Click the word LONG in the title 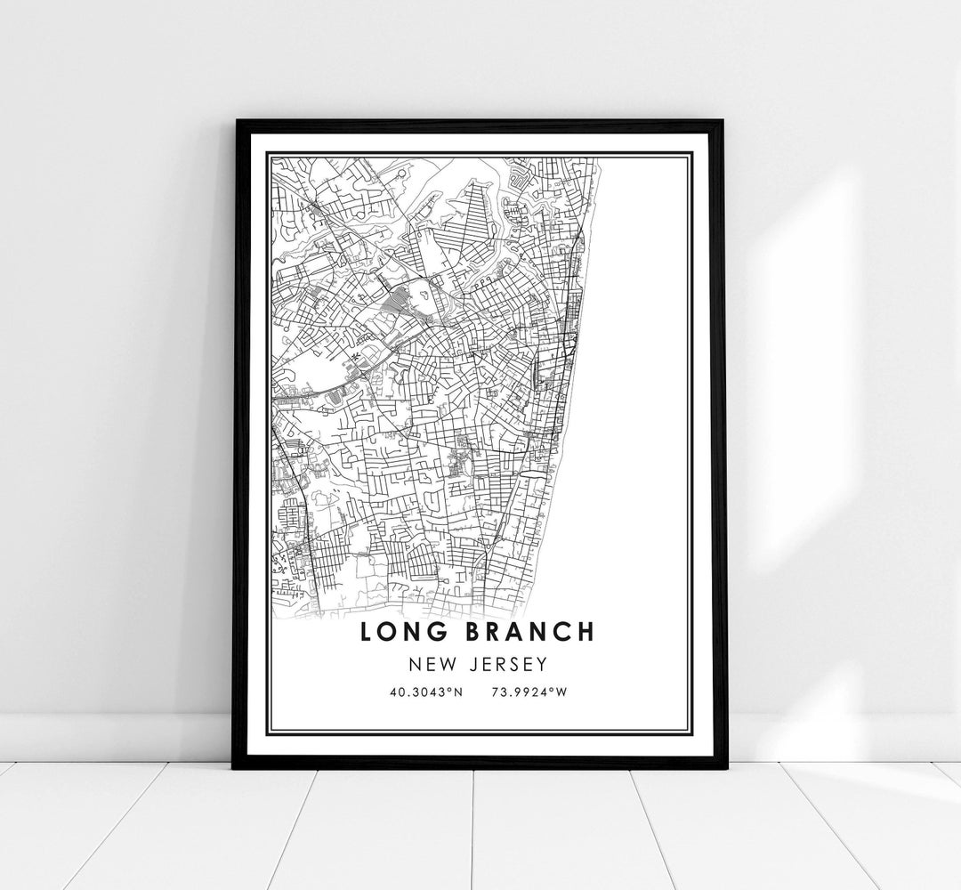coord(401,632)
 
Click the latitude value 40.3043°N coord(426,690)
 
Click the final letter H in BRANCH coord(584,632)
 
